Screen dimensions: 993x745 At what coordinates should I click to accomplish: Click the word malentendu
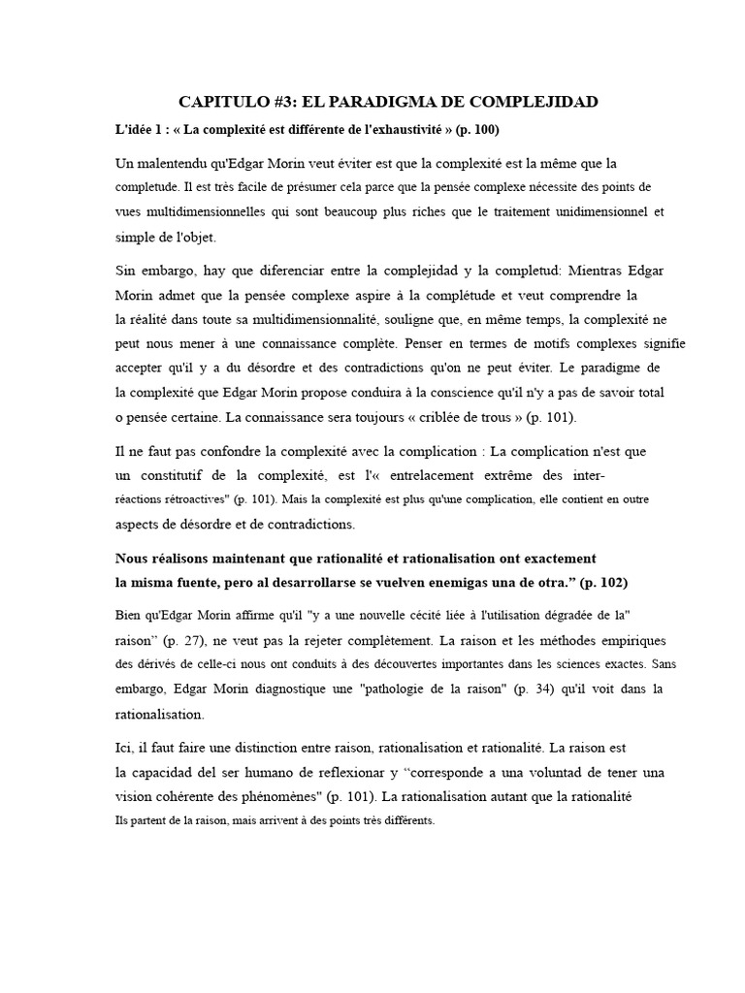[183, 163]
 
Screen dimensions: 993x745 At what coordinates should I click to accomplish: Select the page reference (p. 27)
[185, 642]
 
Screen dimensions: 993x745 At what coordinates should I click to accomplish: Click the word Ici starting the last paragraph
[125, 749]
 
